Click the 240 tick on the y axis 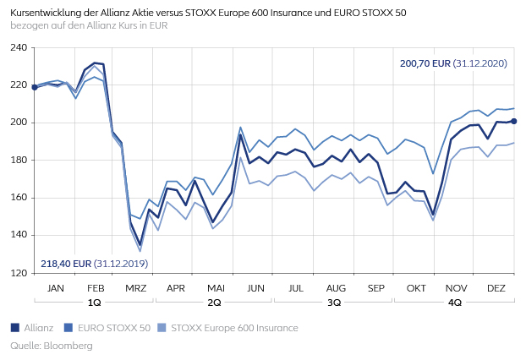[18, 47]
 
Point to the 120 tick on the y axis [18, 273]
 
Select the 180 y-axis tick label [18, 160]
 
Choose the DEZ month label [496, 288]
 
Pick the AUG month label [335, 288]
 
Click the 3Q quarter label [335, 302]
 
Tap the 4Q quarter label [455, 302]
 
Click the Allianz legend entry [36, 328]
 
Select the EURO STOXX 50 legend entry [109, 328]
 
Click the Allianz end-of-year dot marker [514, 122]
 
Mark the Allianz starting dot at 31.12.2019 [34, 87]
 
